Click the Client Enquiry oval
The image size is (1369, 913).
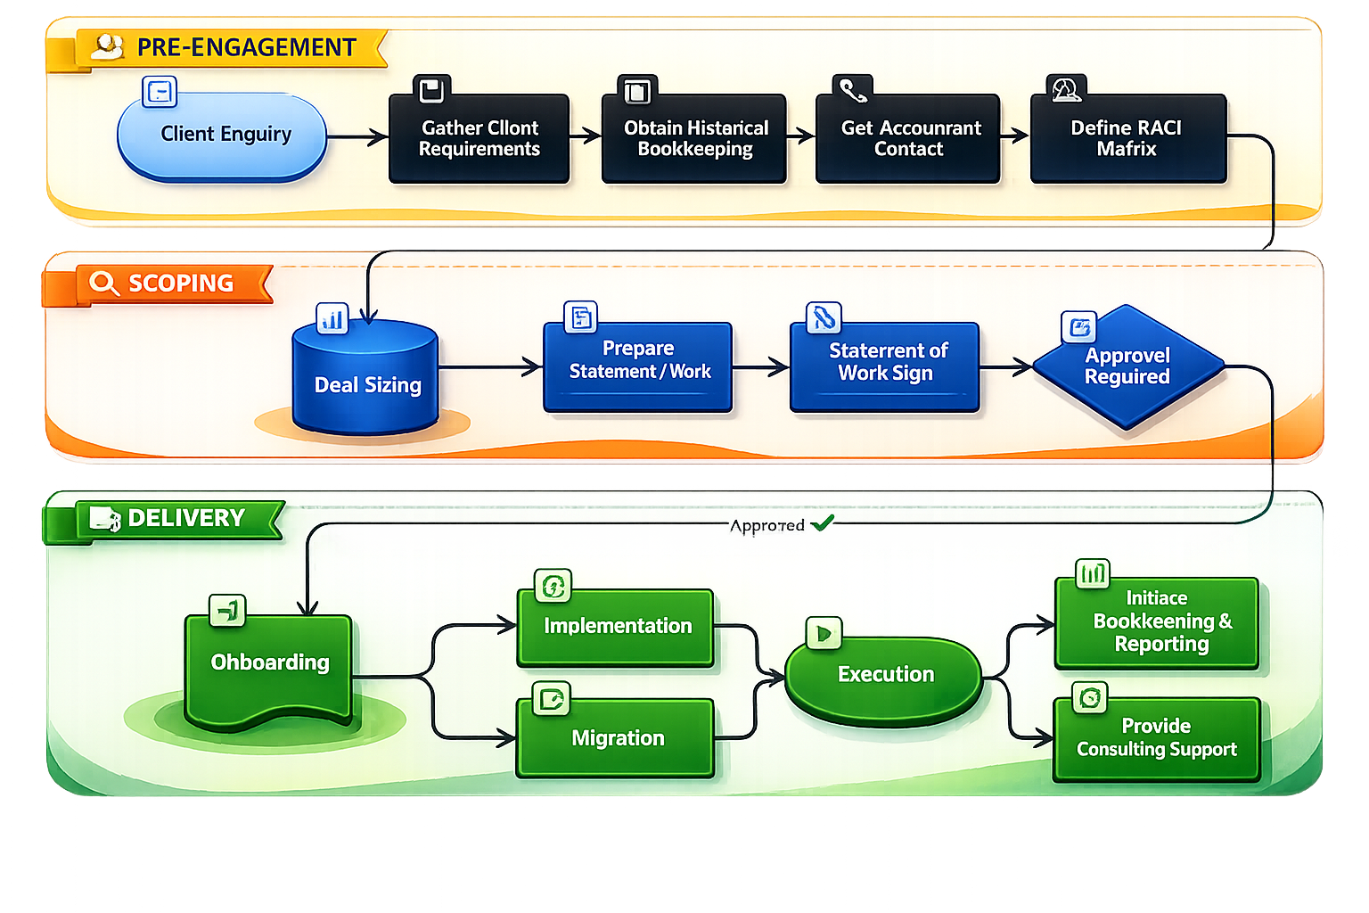pos(222,136)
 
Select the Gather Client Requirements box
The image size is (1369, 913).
pos(479,139)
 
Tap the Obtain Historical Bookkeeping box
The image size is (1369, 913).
pos(694,139)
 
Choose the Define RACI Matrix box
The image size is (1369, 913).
pos(1127,139)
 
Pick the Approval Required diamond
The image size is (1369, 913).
pos(1127,366)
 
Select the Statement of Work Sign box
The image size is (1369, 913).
pos(884,366)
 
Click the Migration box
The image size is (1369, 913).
pos(616,738)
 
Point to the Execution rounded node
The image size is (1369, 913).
pos(884,675)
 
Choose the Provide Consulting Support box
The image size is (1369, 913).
pos(1156,738)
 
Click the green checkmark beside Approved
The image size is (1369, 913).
pos(822,523)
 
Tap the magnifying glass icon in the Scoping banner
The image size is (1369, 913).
pos(103,284)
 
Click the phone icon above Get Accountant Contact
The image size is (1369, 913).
pos(852,90)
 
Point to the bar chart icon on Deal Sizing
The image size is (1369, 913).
pos(332,318)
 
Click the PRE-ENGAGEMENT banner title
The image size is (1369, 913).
pos(246,47)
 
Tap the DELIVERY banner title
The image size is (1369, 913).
pos(186,518)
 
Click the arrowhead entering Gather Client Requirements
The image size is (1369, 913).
pos(381,137)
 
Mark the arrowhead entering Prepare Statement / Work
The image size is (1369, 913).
pos(535,366)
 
